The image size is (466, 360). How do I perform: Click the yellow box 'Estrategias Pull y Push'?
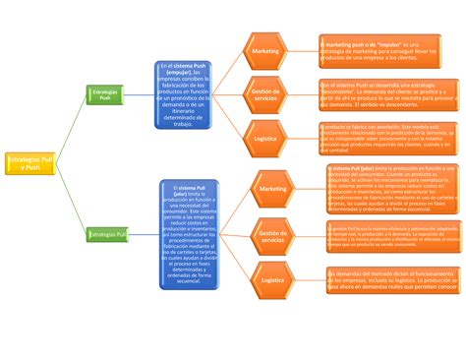coord(30,162)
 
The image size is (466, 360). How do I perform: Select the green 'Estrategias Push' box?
coord(104,94)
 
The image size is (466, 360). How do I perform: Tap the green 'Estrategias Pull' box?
coord(106,235)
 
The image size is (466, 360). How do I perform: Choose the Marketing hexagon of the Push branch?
coord(264,50)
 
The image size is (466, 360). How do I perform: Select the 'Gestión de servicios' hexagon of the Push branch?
coord(264,95)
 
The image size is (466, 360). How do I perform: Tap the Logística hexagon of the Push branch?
coord(264,140)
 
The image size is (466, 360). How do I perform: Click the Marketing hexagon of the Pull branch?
coord(272,187)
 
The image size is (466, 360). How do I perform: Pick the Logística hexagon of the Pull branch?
coord(272,280)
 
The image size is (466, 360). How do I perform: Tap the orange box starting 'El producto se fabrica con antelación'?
coord(388,139)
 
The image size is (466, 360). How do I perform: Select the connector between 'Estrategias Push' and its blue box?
coord(140,94)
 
